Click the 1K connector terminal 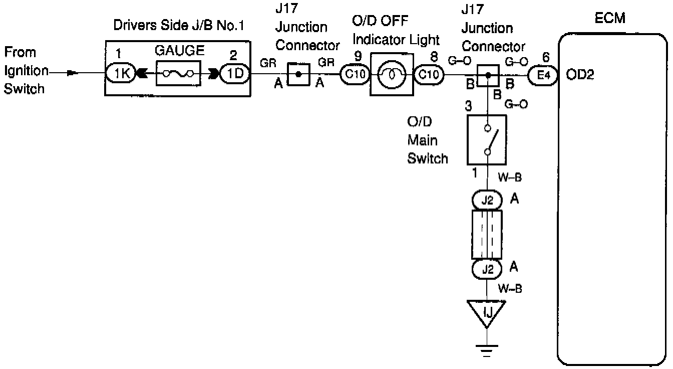coord(121,73)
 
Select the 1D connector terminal coord(235,73)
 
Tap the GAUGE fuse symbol coord(178,73)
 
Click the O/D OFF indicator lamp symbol coord(392,74)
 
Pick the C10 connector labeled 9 coord(355,74)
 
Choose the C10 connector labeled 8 coord(429,74)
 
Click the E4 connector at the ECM coord(543,75)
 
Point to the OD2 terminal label coord(580,75)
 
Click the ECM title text coord(610,18)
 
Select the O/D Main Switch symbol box coord(487,140)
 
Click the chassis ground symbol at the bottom coord(487,350)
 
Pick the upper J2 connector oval coord(487,200)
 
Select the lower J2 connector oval coord(487,269)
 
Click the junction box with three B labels coord(488,76)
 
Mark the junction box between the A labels coord(298,74)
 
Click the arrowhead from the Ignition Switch coord(73,73)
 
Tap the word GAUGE coord(179,51)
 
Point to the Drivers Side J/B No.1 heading coord(178,25)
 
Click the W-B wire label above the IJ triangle coord(510,289)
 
